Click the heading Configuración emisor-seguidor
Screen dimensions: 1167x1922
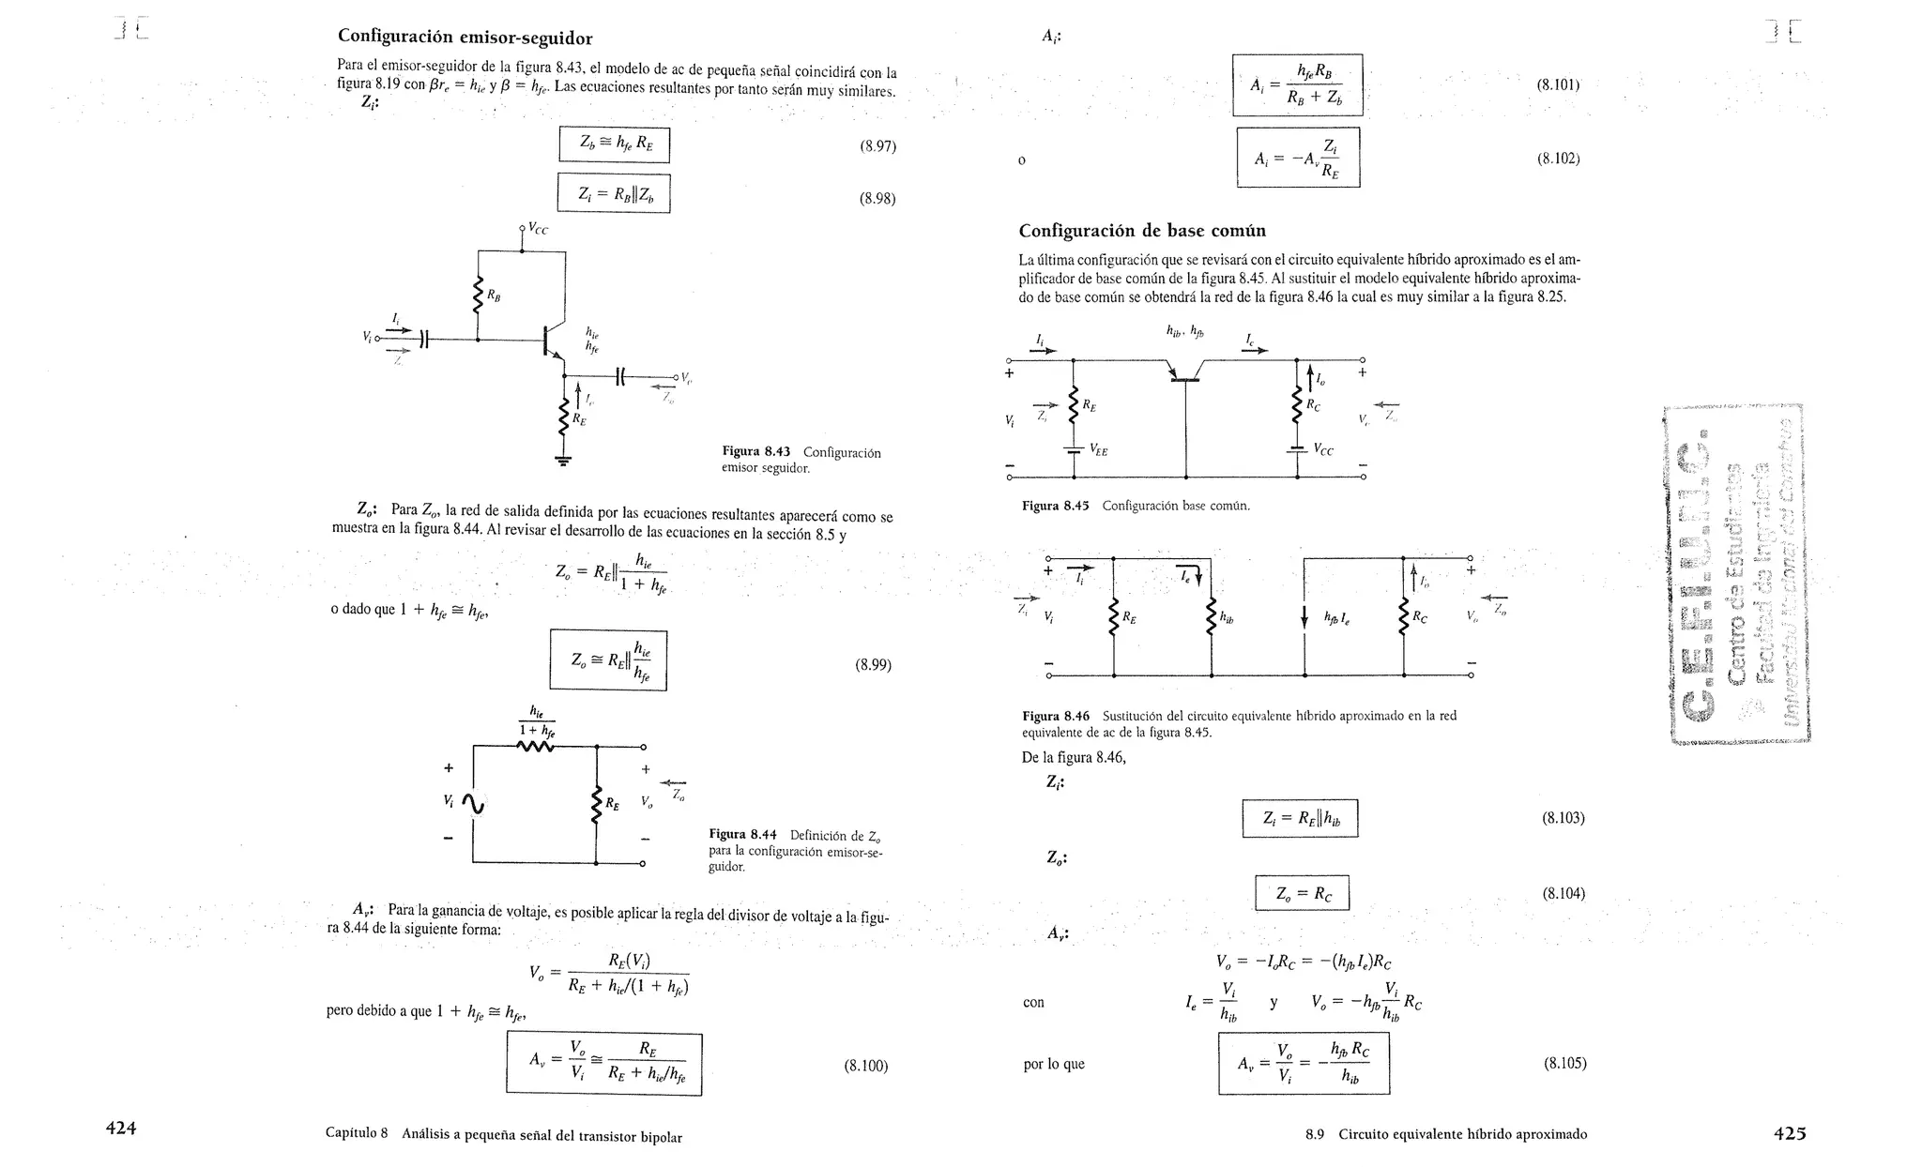(x=465, y=38)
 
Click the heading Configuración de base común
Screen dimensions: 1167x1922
(x=1142, y=231)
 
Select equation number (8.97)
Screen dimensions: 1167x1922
(x=877, y=146)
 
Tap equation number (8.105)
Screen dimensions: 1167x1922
(x=1564, y=1064)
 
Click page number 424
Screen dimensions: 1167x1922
(x=121, y=1129)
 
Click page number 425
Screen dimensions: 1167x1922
(x=1789, y=1133)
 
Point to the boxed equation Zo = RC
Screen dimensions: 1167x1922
(x=1302, y=894)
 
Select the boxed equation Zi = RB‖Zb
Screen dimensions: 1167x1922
(x=614, y=194)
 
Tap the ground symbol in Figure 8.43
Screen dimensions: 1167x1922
(x=563, y=460)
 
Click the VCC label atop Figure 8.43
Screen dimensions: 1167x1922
(x=537, y=229)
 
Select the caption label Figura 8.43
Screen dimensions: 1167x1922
(x=755, y=452)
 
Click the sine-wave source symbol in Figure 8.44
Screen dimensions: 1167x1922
(x=472, y=802)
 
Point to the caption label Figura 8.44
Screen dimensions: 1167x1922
(x=742, y=835)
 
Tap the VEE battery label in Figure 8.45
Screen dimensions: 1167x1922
(x=1098, y=451)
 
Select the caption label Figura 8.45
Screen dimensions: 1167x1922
(x=1055, y=506)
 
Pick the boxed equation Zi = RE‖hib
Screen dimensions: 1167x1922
(x=1299, y=819)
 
